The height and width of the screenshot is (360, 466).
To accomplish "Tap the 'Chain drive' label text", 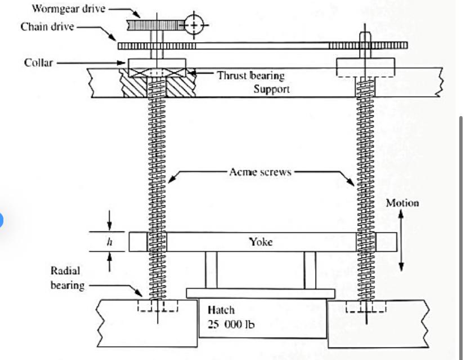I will (47, 26).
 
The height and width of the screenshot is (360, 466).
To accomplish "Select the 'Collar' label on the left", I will (39, 62).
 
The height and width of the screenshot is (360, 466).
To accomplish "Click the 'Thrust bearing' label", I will (250, 75).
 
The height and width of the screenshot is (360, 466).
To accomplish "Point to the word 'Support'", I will (271, 89).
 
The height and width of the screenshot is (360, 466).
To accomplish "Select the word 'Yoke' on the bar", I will (261, 241).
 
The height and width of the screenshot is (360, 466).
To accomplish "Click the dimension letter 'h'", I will (110, 242).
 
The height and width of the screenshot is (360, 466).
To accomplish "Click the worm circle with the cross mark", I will (193, 24).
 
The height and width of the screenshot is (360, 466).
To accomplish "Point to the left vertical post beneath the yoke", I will (211, 269).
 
